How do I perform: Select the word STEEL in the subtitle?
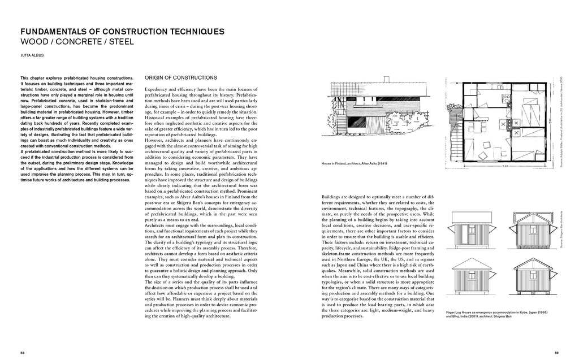pos(123,42)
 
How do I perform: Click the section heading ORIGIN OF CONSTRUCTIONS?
pos(181,77)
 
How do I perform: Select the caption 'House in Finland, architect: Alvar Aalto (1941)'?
pos(357,164)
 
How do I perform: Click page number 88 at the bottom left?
pos(22,352)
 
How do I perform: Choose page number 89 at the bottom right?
pos(556,352)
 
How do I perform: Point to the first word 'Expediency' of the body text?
pos(157,91)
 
